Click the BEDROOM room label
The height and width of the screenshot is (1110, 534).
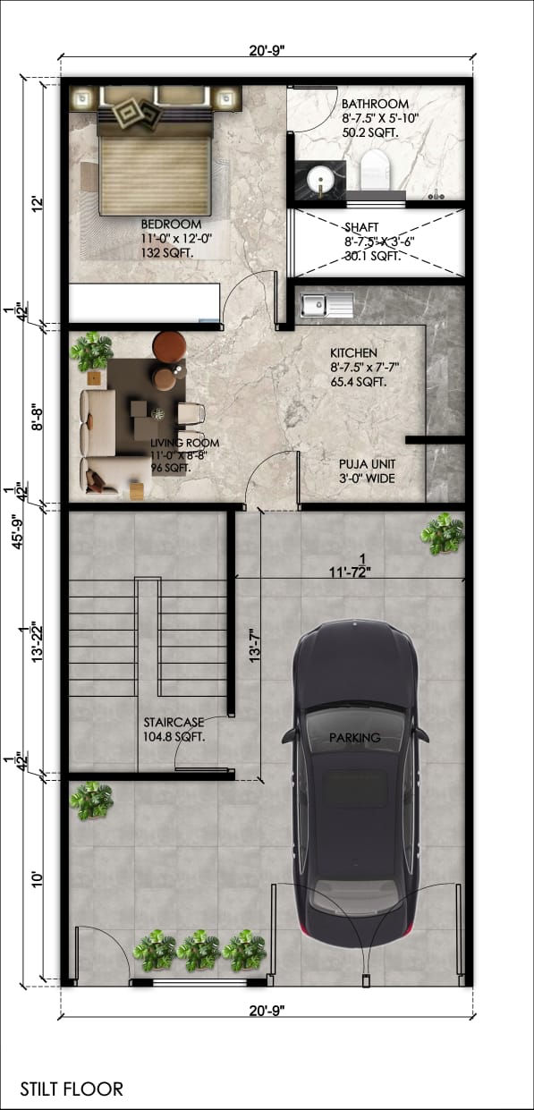click(x=171, y=224)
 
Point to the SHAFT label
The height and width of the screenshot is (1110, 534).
click(x=362, y=227)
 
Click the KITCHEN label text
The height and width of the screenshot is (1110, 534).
click(x=353, y=353)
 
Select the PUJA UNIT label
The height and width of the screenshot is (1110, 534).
click(x=367, y=464)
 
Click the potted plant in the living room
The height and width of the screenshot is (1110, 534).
click(x=91, y=352)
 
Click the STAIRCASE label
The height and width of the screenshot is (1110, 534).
click(x=174, y=722)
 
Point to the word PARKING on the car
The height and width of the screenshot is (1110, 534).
click(x=353, y=738)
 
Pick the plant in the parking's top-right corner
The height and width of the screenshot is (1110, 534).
click(x=443, y=534)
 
